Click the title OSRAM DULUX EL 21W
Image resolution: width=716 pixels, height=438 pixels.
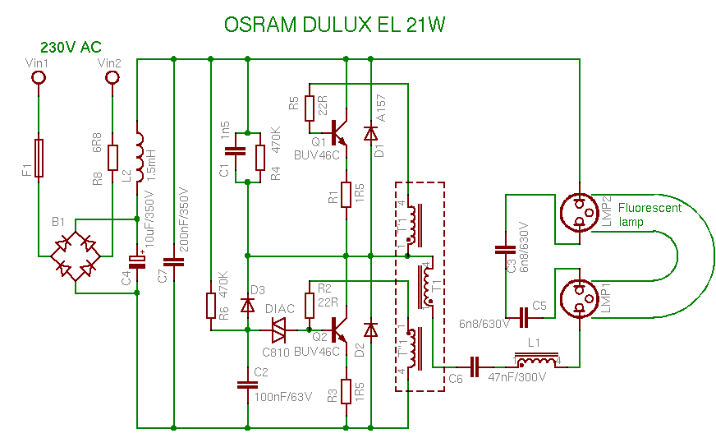[x=335, y=25]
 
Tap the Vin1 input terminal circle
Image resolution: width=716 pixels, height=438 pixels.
[x=38, y=78]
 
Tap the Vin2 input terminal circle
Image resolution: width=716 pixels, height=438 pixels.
[x=112, y=78]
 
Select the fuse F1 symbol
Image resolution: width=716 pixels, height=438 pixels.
[x=38, y=158]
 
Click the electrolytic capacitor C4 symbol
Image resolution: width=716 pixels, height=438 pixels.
[x=138, y=262]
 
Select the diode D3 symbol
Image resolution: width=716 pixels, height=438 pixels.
[x=247, y=305]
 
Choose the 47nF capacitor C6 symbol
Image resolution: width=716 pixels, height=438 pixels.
[x=474, y=362]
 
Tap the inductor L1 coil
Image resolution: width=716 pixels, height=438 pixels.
[x=538, y=362]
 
